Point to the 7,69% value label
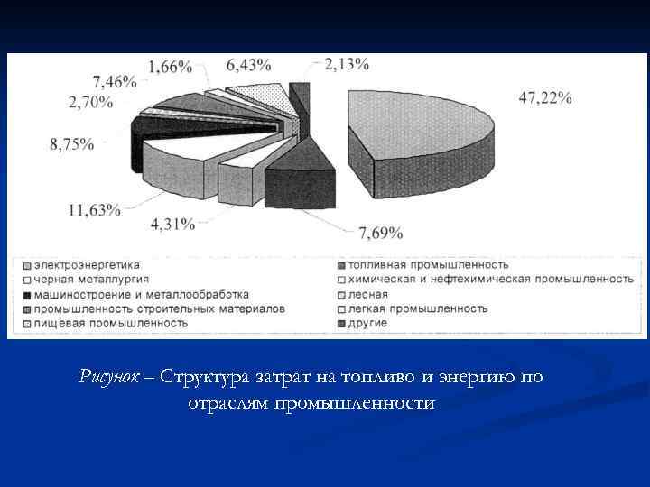(x=380, y=234)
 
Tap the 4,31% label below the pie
(x=172, y=224)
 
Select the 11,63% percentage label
(x=94, y=210)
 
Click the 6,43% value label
(x=248, y=64)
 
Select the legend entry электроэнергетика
(x=87, y=265)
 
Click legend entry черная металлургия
(x=87, y=280)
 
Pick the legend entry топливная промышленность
(x=421, y=265)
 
